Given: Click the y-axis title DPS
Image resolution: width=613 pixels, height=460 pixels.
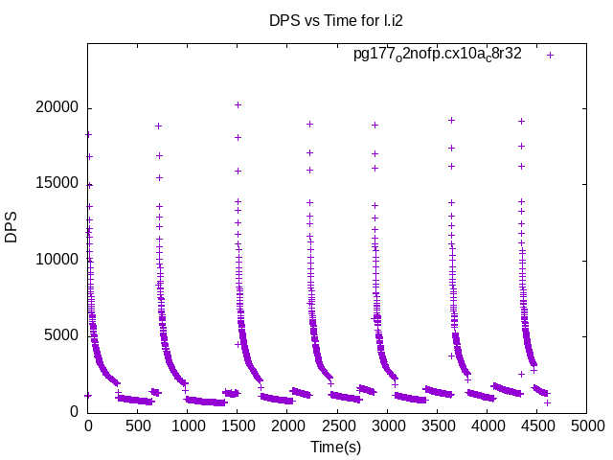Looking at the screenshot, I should (11, 227).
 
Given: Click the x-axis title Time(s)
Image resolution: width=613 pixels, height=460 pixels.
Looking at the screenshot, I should (335, 447).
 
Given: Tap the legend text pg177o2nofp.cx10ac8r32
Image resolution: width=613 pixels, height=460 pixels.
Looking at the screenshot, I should (438, 55).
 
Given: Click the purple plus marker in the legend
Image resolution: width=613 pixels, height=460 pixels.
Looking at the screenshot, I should (550, 55).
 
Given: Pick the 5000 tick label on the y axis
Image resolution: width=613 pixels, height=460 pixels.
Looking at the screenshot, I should (60, 335).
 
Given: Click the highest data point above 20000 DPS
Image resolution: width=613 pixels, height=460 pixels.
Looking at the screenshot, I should (238, 104).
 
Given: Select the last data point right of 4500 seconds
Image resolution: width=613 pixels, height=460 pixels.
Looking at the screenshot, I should (547, 402).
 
